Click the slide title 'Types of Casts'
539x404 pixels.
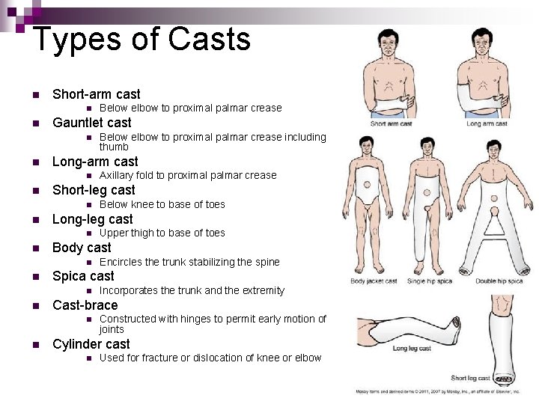click(x=141, y=39)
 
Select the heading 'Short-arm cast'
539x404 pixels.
click(x=96, y=94)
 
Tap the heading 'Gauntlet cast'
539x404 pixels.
click(x=91, y=123)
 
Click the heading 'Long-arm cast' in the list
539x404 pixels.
click(x=95, y=162)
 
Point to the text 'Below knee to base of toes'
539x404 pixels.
click(x=162, y=204)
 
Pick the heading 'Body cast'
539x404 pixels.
click(x=82, y=248)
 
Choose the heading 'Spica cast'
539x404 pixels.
click(x=83, y=276)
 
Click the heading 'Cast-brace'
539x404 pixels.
click(x=85, y=305)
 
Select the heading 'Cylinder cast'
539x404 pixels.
click(x=91, y=344)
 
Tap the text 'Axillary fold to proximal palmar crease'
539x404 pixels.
click(x=188, y=176)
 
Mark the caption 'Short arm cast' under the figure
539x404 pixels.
click(x=391, y=124)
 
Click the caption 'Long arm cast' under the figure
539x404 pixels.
click(x=487, y=124)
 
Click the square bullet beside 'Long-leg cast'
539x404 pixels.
click(x=34, y=220)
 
